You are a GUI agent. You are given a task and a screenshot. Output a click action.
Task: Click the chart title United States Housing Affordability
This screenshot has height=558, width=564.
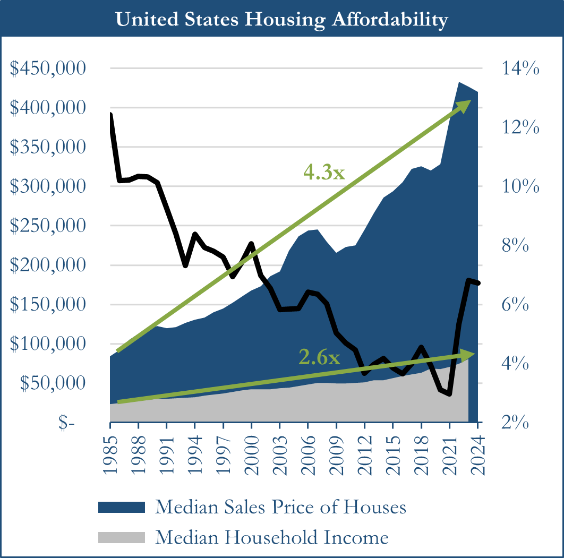281,20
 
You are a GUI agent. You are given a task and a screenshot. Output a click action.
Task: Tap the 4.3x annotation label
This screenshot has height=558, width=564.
324,171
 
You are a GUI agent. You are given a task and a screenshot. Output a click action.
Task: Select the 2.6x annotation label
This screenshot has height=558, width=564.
319,358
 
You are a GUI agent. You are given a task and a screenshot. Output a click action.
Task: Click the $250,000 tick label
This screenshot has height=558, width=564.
48,226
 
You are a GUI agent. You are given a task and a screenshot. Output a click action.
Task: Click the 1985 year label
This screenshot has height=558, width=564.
110,451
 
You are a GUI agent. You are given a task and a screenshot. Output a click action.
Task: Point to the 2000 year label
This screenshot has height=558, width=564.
252,451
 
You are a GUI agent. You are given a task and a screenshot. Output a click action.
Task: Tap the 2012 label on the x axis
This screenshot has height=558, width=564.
365,451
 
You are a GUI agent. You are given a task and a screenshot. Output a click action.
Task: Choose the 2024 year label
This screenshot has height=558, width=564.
478,451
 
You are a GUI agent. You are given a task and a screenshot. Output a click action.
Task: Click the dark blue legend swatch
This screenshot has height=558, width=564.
122,507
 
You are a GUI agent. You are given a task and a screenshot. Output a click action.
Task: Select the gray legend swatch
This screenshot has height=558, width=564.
122,537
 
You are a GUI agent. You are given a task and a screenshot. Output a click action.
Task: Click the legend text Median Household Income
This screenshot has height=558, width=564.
272,537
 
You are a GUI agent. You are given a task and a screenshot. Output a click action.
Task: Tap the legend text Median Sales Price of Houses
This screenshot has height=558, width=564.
280,507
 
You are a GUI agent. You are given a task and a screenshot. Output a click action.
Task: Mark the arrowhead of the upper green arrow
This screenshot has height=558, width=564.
465,105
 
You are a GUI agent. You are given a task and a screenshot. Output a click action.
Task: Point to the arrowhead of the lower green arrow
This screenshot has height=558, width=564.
468,353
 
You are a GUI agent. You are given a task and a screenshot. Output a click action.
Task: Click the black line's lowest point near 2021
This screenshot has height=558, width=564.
449,394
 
